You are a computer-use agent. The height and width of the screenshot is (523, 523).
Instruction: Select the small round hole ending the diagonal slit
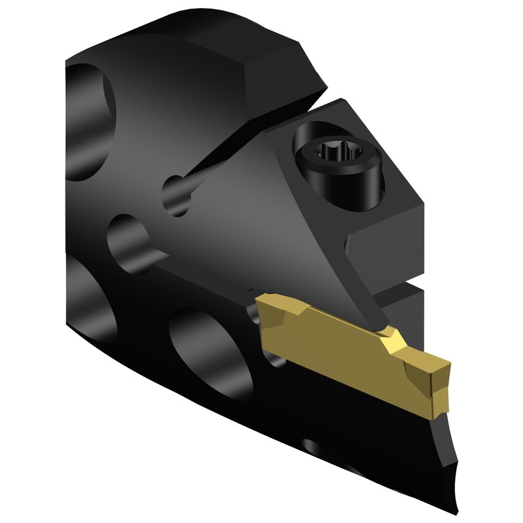pyautogui.click(x=176, y=195)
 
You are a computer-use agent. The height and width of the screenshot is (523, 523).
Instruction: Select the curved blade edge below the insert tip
pyautogui.click(x=450, y=453)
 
